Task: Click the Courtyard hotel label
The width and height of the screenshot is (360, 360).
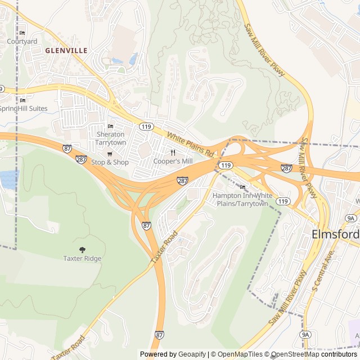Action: click(22, 42)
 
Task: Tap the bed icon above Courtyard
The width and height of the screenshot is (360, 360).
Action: click(22, 33)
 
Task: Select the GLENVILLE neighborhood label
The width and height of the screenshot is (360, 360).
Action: click(66, 51)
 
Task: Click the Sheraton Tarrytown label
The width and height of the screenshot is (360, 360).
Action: click(110, 138)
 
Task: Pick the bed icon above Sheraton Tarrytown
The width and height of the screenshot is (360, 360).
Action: click(110, 126)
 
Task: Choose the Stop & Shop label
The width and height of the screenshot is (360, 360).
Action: click(110, 163)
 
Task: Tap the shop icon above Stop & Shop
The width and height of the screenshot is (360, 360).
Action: click(110, 154)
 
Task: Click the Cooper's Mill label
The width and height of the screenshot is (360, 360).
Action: click(173, 161)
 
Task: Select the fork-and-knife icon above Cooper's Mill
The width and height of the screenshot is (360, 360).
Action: click(173, 152)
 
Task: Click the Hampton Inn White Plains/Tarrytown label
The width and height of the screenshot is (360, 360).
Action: click(242, 199)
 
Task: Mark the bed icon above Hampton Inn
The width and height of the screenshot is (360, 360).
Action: click(242, 187)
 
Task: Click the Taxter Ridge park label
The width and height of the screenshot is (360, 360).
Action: click(82, 259)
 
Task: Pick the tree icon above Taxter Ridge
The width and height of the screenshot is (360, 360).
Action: click(82, 249)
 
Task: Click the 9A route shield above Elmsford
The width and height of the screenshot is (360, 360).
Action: click(352, 218)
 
